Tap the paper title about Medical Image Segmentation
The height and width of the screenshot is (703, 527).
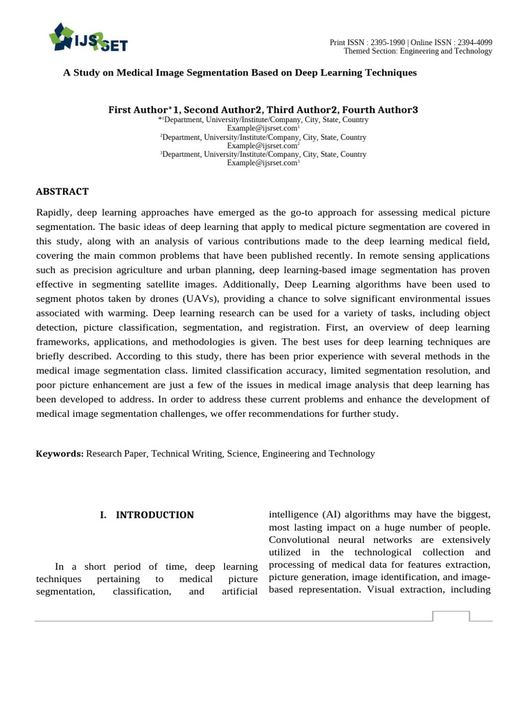pyautogui.click(x=240, y=72)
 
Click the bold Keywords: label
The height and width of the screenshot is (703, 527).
pyautogui.click(x=60, y=454)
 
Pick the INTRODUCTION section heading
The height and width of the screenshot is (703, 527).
pyautogui.click(x=154, y=515)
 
